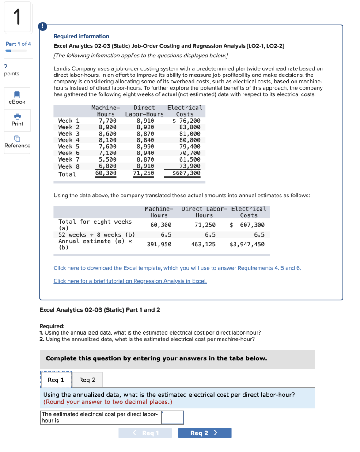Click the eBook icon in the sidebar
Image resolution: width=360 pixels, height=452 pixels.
(17, 94)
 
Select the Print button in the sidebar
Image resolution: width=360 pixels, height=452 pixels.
(17, 117)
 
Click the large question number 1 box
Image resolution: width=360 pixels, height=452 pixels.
(18, 17)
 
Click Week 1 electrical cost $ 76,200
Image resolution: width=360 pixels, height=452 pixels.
(186, 121)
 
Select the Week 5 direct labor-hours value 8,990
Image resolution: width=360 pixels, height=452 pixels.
(145, 147)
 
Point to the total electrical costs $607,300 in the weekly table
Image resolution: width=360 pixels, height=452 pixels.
(186, 173)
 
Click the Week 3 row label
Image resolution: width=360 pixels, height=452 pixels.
(68, 133)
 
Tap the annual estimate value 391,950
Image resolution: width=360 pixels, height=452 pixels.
(159, 244)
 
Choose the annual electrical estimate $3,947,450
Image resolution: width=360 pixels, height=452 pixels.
(247, 244)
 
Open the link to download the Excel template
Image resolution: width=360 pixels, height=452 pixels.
(177, 268)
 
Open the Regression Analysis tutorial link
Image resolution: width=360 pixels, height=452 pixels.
(130, 281)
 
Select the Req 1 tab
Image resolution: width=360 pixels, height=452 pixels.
(56, 380)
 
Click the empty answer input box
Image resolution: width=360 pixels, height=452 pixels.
(173, 417)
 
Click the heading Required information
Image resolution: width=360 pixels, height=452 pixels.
(81, 36)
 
